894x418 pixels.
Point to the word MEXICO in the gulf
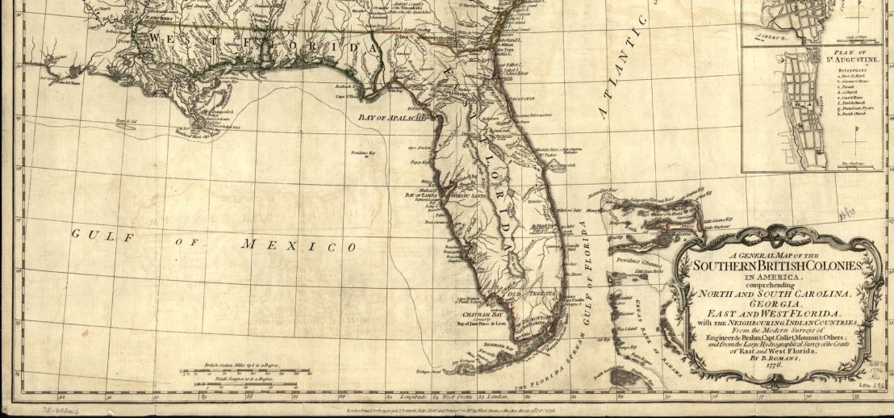point(302,245)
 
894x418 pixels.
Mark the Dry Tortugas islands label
point(426,370)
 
